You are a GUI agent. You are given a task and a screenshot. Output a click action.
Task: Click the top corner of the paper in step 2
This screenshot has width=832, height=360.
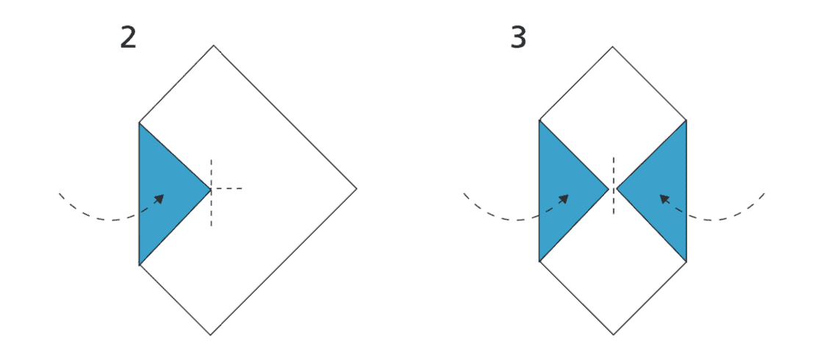pos(213,46)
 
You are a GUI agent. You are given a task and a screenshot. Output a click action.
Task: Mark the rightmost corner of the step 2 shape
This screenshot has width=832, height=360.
pos(356,188)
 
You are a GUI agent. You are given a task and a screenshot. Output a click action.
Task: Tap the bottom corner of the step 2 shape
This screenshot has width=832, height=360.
pos(211,334)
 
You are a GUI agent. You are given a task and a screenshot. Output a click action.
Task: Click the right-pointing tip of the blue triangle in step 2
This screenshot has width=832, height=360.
pos(211,189)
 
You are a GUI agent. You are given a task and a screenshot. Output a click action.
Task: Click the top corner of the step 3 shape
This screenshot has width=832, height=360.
pos(612,47)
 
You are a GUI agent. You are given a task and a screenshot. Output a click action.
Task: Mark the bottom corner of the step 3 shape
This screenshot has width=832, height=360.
pos(614,334)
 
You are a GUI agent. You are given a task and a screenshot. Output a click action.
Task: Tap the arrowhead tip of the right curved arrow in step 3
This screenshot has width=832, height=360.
pos(659,195)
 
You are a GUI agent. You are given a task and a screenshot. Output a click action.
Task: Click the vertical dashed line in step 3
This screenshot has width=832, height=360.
pos(614,186)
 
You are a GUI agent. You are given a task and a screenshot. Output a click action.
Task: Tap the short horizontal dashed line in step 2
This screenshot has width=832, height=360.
pos(226,188)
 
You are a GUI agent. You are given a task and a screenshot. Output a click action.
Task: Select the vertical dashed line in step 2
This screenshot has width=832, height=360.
pos(211,192)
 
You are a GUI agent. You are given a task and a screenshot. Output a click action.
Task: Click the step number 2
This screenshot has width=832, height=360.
pos(128,37)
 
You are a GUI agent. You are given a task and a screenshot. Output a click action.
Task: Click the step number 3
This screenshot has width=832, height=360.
pos(518,37)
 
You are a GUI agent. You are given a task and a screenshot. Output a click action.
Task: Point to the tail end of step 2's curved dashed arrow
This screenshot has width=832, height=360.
pos(59,193)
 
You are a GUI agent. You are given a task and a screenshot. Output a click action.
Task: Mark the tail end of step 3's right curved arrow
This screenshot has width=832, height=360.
pos(764,193)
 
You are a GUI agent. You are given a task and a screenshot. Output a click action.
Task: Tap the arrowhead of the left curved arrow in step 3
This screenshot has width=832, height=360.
pos(564,199)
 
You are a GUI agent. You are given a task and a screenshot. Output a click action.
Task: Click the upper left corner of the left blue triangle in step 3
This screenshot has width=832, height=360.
pos(539,120)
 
